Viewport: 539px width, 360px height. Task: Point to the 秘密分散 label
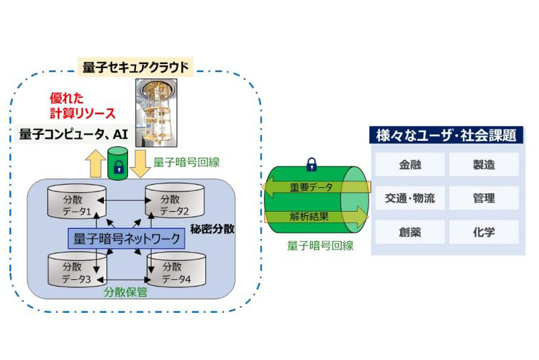tap(212, 229)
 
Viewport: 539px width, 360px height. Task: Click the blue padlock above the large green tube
tap(311, 164)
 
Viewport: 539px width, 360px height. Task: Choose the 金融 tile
tap(410, 164)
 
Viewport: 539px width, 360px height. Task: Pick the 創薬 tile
tap(410, 233)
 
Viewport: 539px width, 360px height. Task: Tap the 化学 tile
tap(484, 233)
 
